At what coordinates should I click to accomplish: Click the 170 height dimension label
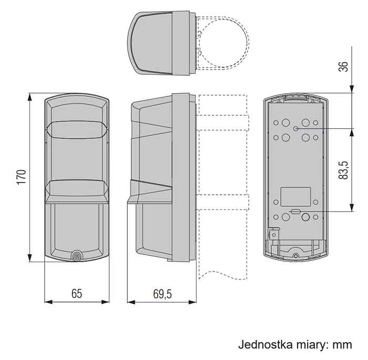click(22, 177)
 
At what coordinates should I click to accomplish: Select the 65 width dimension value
click(77, 294)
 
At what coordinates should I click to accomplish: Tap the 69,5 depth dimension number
click(162, 294)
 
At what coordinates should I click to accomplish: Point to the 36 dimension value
click(343, 66)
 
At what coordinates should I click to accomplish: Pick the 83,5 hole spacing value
click(343, 171)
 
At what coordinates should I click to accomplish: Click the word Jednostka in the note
click(265, 345)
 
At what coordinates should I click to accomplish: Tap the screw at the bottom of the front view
click(77, 256)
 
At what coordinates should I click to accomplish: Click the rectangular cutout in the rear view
click(295, 196)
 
